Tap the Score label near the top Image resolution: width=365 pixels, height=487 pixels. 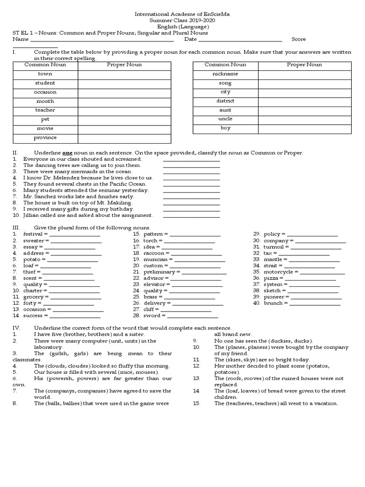[x=298, y=39]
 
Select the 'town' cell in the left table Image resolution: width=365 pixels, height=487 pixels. [x=45, y=74]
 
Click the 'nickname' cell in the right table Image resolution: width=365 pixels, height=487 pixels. [x=225, y=74]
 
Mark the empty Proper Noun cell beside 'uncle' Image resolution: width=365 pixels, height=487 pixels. [x=305, y=119]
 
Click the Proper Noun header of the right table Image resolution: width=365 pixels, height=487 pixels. [x=305, y=65]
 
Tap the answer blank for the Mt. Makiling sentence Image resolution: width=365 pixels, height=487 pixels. [x=192, y=203]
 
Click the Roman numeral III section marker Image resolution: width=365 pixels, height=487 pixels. [x=15, y=228]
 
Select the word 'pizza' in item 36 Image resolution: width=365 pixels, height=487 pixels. [x=270, y=278]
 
